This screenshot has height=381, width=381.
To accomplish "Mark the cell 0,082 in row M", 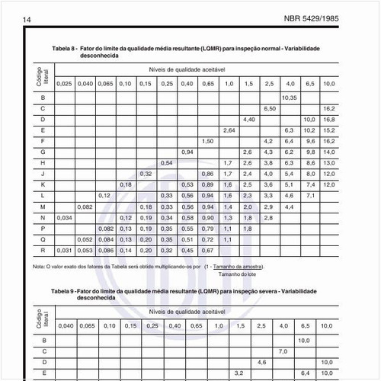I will coord(85,207).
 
